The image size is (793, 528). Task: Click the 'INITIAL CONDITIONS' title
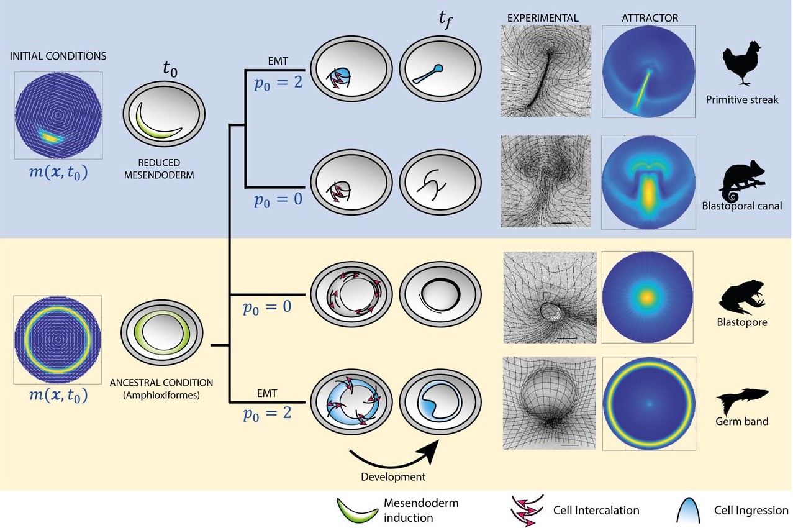click(58, 56)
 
